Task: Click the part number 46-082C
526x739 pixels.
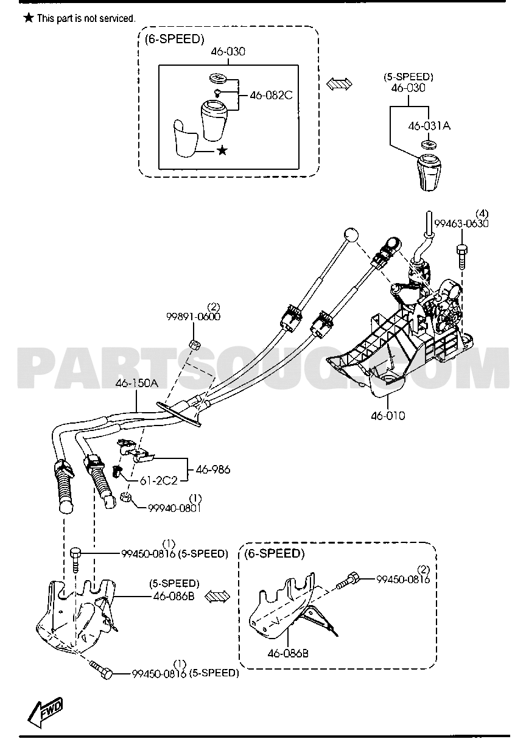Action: click(x=271, y=96)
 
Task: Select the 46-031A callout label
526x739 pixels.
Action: click(x=429, y=125)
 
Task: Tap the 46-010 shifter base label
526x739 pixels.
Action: click(x=388, y=416)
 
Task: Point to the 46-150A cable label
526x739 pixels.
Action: click(x=136, y=384)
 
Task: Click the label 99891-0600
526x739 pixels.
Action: click(x=193, y=317)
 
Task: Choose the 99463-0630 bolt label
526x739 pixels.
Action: click(x=461, y=223)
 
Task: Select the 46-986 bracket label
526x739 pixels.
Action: click(x=213, y=469)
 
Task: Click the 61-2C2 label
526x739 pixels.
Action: click(x=159, y=481)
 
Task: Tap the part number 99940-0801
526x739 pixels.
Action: click(x=174, y=508)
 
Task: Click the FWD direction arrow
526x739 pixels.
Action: click(x=46, y=714)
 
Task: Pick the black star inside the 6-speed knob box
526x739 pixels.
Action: click(x=223, y=151)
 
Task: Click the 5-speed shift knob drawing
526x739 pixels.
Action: click(x=429, y=172)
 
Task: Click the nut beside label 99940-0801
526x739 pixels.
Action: click(x=125, y=497)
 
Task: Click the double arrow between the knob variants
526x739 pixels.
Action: click(x=339, y=84)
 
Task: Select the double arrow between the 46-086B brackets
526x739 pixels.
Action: click(x=217, y=597)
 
